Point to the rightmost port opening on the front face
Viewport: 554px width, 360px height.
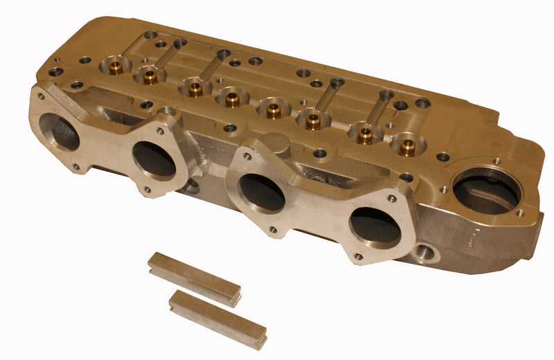[375, 225]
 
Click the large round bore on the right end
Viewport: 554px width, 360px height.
[485, 189]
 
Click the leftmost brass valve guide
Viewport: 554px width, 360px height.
[115, 68]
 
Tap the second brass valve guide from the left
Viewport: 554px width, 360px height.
[150, 76]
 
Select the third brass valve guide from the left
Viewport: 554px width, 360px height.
[196, 89]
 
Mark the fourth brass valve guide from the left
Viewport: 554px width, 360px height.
[232, 100]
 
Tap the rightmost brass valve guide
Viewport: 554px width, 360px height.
[408, 146]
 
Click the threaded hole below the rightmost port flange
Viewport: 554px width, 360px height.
[427, 252]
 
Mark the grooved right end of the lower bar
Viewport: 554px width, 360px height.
[260, 339]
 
